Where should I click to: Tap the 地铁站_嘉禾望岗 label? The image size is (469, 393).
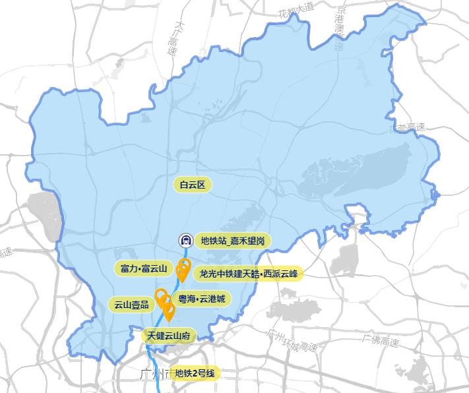click(x=233, y=241)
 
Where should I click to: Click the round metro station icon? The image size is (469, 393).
click(x=186, y=241)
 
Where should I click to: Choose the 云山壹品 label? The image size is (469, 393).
click(x=131, y=305)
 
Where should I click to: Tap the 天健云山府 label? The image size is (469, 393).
click(x=169, y=336)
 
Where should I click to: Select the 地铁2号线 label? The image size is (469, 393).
click(x=195, y=374)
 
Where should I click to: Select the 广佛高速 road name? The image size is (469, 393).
click(x=381, y=342)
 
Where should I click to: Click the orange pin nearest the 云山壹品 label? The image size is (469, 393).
click(x=160, y=296)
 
